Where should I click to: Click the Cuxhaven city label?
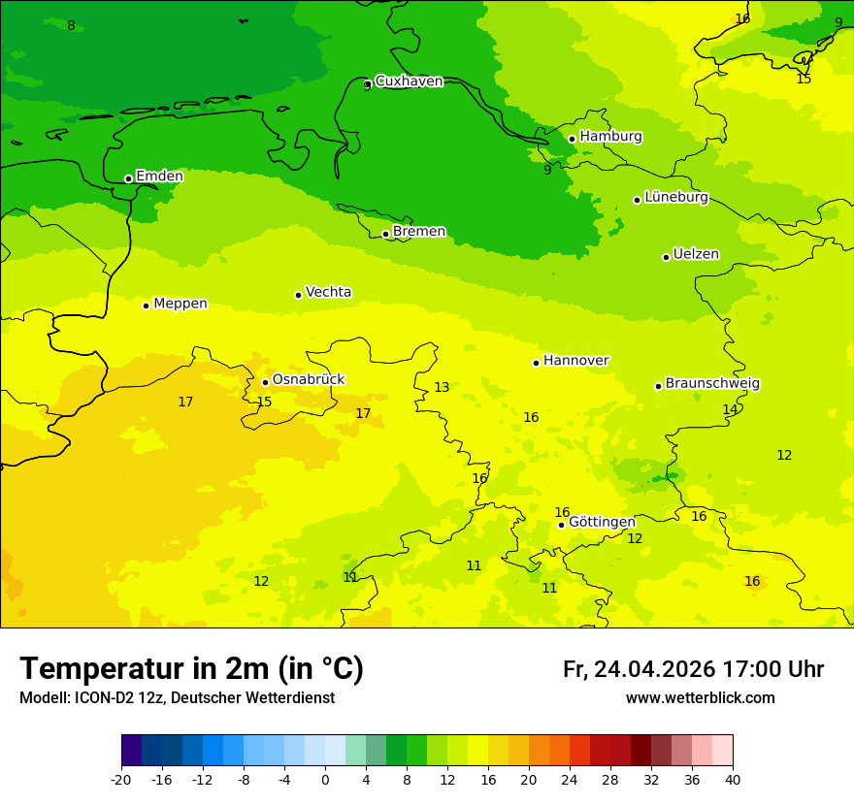409,81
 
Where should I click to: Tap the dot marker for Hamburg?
572,139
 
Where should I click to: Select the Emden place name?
159,177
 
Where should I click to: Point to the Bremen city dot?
385,234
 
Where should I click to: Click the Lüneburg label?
676,197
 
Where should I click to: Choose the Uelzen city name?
696,254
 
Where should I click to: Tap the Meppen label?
181,304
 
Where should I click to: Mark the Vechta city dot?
298,295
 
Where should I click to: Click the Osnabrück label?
309,379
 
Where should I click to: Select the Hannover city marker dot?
536,363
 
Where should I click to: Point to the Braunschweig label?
712,383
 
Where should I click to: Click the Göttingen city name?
602,522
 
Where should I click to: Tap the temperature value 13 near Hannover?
442,388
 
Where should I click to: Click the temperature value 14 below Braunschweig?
731,410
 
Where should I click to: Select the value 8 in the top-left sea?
71,26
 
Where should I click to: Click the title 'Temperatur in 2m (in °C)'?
191,669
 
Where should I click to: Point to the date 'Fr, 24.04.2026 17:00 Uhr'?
693,669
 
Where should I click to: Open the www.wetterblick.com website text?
700,698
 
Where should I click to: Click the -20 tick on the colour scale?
121,780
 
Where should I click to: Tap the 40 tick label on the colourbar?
733,780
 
